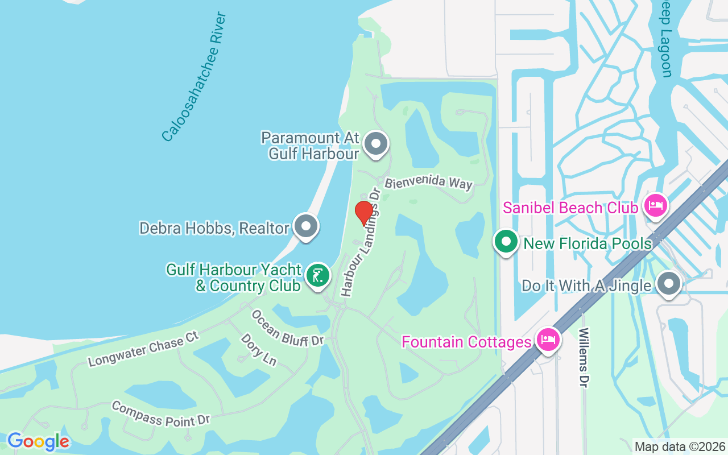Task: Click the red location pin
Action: [363, 213]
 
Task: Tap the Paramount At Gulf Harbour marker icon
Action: [375, 144]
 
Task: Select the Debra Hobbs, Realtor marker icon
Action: [307, 226]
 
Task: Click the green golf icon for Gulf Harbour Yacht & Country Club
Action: [317, 276]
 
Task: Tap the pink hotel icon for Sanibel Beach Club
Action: [655, 205]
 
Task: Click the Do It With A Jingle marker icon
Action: [668, 283]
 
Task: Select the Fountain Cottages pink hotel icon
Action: [548, 340]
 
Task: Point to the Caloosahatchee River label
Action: [194, 77]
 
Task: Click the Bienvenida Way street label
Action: [428, 183]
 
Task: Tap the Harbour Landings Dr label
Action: [360, 242]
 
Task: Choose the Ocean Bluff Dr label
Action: [287, 328]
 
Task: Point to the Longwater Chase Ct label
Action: [143, 349]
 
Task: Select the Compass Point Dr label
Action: [161, 414]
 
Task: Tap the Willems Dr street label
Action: [584, 358]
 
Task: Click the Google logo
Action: [38, 441]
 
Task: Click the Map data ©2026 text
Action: [680, 446]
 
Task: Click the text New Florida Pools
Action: [588, 244]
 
